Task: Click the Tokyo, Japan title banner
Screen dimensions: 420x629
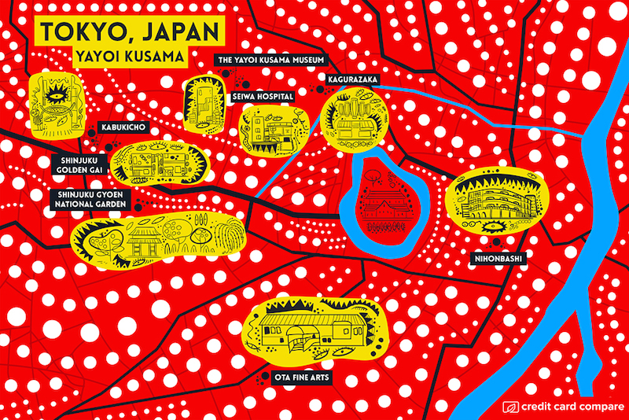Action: coord(130,31)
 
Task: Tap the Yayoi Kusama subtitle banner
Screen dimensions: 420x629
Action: coord(130,57)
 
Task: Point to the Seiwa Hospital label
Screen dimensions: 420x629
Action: coord(263,96)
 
